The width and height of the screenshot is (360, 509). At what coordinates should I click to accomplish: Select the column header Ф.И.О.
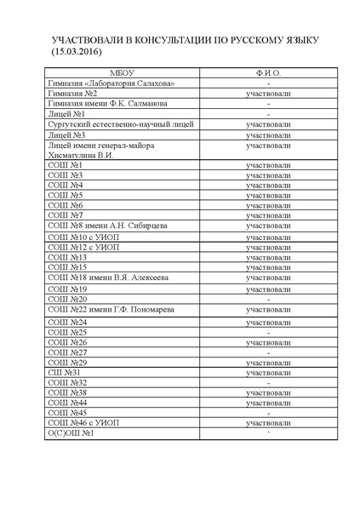click(268, 73)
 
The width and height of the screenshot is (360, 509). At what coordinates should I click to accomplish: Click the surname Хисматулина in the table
click(73, 155)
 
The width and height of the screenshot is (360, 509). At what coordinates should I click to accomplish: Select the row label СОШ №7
click(65, 215)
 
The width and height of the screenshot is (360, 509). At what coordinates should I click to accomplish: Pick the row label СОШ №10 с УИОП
click(83, 236)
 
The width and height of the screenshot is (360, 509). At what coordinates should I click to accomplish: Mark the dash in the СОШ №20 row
click(268, 300)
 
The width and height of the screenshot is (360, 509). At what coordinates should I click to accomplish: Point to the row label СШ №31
click(65, 373)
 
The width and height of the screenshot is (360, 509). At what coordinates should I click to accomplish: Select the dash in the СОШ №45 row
click(268, 414)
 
